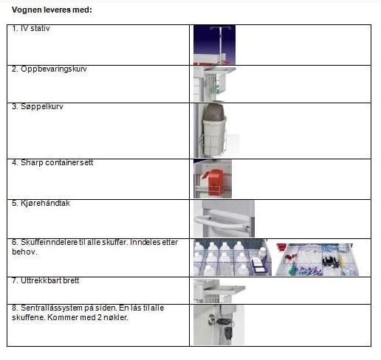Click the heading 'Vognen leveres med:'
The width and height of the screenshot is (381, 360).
coord(52,10)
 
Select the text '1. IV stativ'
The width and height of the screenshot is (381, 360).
coord(31,28)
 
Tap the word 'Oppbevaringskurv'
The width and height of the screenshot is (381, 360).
coord(54,69)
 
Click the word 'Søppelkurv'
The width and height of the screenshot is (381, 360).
coord(42,107)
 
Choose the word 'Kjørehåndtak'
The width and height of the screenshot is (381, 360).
coord(45,203)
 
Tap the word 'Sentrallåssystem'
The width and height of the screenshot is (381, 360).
coord(52,308)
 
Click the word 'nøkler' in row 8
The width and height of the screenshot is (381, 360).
coord(115,317)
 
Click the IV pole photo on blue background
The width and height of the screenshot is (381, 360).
coord(214,45)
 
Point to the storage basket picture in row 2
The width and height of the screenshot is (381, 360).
coord(215,84)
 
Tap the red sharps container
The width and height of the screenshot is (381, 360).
coord(213,180)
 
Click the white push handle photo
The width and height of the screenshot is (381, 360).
coord(224,219)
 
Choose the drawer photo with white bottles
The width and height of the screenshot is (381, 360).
coord(233,257)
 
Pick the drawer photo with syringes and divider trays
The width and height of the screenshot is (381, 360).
coord(317,260)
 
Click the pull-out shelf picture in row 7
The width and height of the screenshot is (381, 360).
coord(219,291)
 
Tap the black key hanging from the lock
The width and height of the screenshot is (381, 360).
coord(228,330)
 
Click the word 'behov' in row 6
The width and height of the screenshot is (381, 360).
coord(24,252)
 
